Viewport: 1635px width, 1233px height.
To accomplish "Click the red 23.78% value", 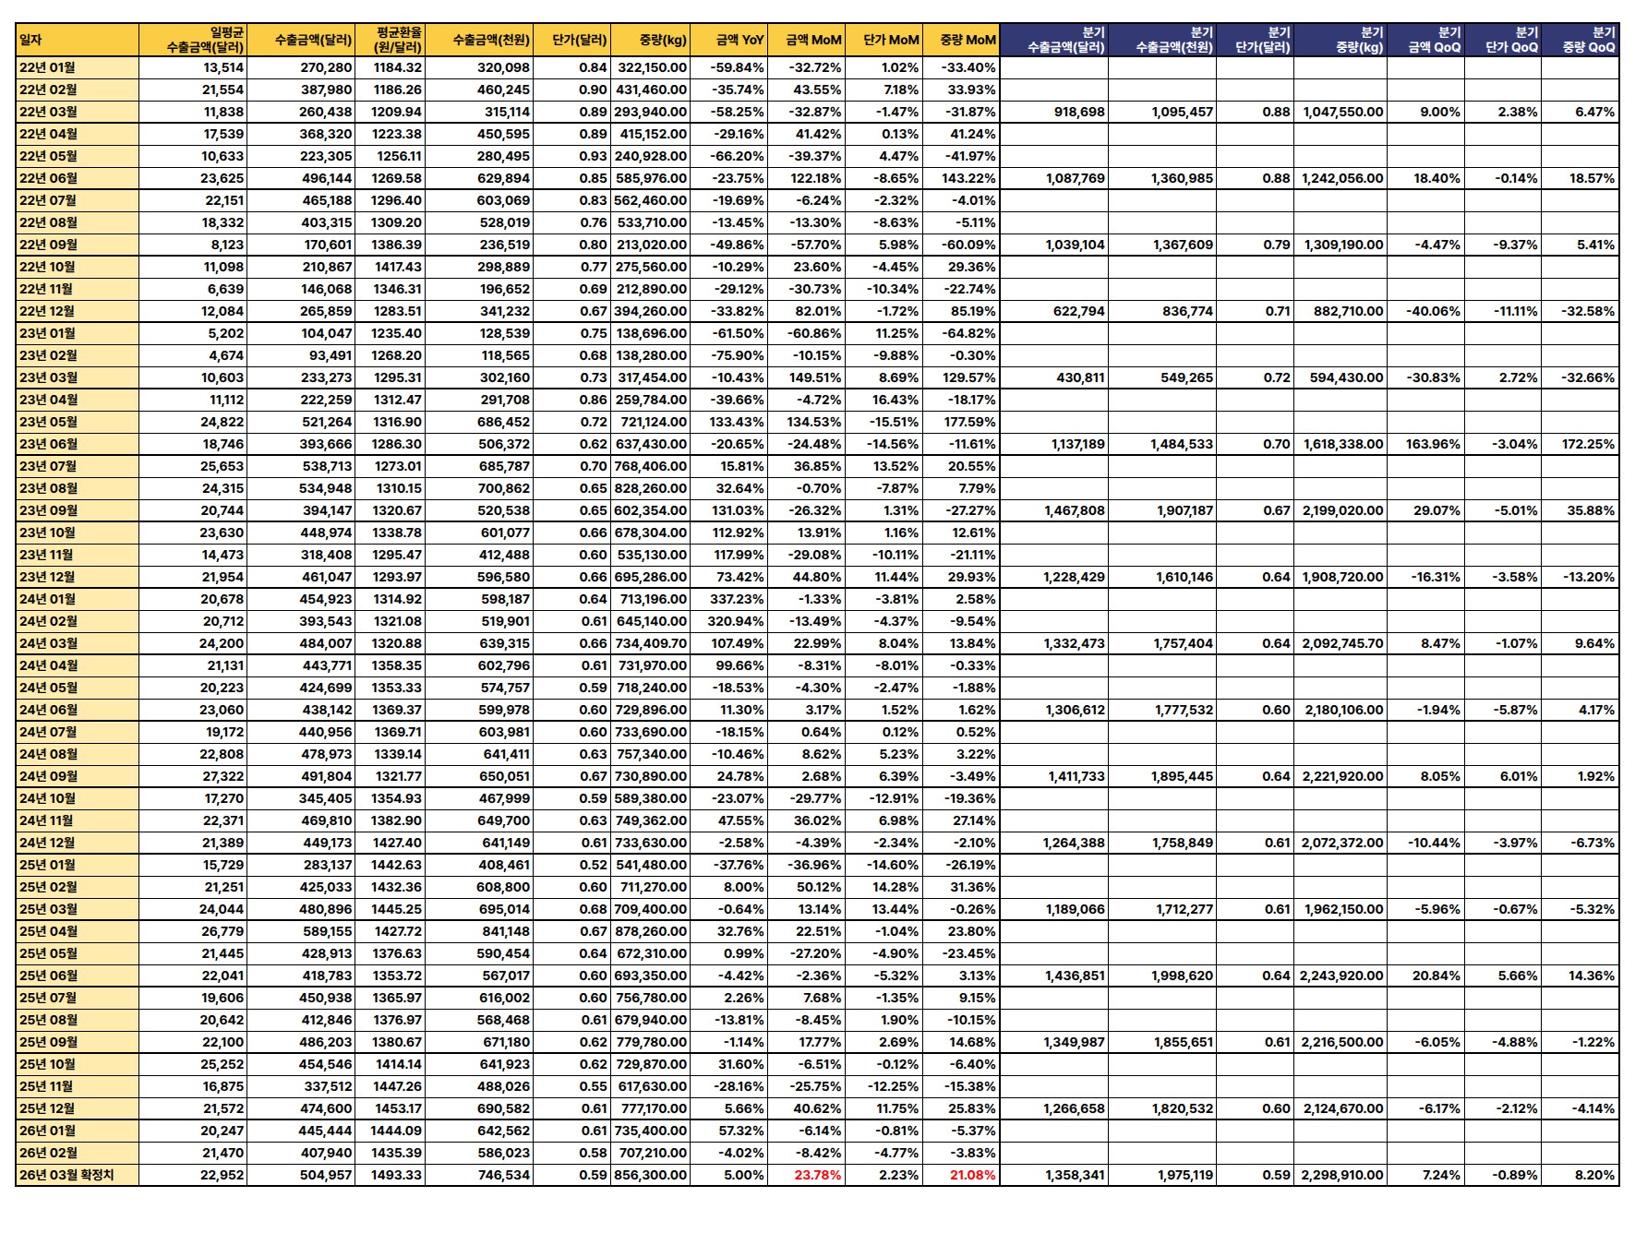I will (x=817, y=1175).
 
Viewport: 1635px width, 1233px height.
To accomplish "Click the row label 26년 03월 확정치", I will (x=66, y=1175).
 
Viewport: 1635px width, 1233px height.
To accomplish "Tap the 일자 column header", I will (x=31, y=40).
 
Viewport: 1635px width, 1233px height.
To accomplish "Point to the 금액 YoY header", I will (x=739, y=40).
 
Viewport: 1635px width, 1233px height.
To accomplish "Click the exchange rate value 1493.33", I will (x=397, y=1175).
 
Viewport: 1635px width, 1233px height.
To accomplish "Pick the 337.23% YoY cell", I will (x=736, y=599).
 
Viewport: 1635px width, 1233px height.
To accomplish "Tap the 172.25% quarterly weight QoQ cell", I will (x=1588, y=444).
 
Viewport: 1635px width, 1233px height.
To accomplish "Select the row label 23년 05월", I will (x=49, y=422).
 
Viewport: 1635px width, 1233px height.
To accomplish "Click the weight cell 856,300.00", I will (x=651, y=1175).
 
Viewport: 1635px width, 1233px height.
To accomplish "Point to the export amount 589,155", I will (x=326, y=931).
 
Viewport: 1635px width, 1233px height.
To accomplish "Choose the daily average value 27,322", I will (x=222, y=776).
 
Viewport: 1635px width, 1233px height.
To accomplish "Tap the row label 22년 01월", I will (x=48, y=67).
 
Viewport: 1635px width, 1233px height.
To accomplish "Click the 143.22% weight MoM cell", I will (x=972, y=178).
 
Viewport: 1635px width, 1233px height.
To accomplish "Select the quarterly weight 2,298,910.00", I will (x=1342, y=1175).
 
